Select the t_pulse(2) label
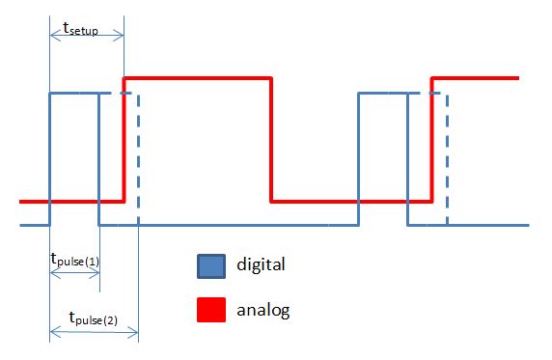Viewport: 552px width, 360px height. (x=93, y=317)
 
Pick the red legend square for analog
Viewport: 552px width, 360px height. (x=211, y=311)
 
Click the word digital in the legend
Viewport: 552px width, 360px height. (x=261, y=263)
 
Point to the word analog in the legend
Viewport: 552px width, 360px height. (x=262, y=311)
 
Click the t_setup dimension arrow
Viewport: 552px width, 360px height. (x=86, y=36)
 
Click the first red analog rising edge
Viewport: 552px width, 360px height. (x=124, y=139)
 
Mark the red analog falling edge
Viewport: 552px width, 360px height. (x=271, y=139)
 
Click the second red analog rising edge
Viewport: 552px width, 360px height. (x=432, y=139)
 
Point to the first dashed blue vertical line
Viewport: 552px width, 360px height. (x=138, y=159)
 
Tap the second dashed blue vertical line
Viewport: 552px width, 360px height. (x=447, y=159)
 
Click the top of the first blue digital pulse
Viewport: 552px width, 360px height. (x=74, y=93)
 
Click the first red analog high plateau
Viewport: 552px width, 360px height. (x=198, y=76)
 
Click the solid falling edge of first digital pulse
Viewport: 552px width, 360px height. (x=99, y=159)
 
